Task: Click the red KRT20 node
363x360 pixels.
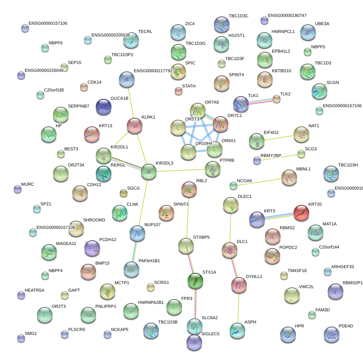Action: pyautogui.click(x=301, y=213)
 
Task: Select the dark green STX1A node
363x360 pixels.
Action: pyautogui.click(x=195, y=280)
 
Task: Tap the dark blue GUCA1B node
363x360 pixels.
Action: pyautogui.click(x=104, y=107)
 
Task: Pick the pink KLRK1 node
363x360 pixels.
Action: pyautogui.click(x=135, y=126)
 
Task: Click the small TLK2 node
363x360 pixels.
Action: pyautogui.click(x=277, y=99)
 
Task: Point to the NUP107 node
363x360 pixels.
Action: pyautogui.click(x=137, y=233)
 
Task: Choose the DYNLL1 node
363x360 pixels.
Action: pyautogui.click(x=238, y=285)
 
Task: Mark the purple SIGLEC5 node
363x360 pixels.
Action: pyautogui.click(x=194, y=342)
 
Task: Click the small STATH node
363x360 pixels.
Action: pyautogui.click(x=179, y=91)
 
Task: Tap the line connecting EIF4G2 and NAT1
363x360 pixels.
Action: pyautogui.click(x=279, y=138)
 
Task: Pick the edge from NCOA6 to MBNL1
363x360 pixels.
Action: pyautogui.click(x=259, y=181)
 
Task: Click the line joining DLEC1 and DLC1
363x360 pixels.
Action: pyautogui.click(x=230, y=227)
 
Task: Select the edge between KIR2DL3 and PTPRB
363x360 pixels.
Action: pyautogui.click(x=181, y=170)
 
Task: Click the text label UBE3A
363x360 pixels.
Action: pyautogui.click(x=322, y=24)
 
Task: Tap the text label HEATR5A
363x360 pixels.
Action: pyautogui.click(x=35, y=290)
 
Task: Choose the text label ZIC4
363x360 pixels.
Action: pyautogui.click(x=190, y=24)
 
